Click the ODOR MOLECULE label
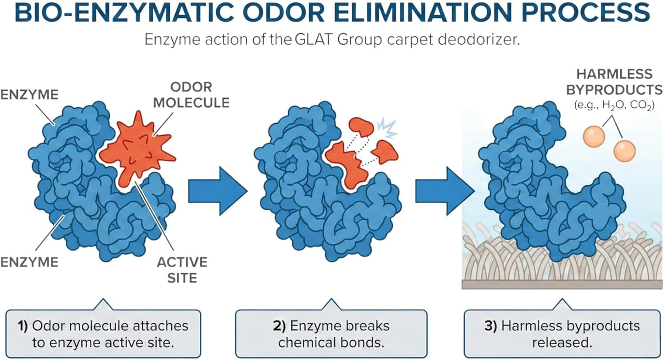[192, 95]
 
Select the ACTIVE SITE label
[182, 270]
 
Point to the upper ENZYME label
[29, 95]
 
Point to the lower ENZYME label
[29, 263]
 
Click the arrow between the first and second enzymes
[218, 191]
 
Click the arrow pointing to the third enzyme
[445, 191]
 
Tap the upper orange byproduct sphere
[594, 136]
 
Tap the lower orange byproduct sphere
[624, 151]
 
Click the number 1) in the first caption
[23, 326]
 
